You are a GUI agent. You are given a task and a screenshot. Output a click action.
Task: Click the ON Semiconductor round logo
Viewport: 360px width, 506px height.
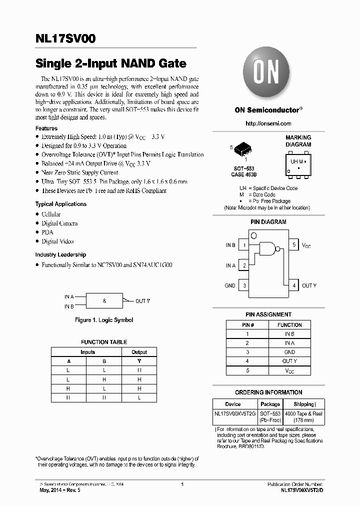click(265, 72)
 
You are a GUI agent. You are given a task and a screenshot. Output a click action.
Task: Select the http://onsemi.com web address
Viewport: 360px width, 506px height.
click(268, 123)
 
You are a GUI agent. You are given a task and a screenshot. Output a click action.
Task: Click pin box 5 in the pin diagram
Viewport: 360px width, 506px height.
click(294, 245)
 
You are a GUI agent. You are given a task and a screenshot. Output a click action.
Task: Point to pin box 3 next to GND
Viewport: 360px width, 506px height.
click(243, 285)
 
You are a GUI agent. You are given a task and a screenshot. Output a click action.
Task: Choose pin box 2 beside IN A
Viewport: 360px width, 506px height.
click(243, 265)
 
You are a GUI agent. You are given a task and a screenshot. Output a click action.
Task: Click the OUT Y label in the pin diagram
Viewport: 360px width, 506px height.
click(309, 285)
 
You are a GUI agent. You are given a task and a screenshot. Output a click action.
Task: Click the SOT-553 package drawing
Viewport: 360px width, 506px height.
click(243, 148)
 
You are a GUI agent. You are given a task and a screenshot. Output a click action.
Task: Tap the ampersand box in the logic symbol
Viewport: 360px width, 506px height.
click(104, 301)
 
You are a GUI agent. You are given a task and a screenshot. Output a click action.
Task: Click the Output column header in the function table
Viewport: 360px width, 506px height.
click(139, 352)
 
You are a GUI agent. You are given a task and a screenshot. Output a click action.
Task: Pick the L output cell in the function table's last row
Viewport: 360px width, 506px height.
click(139, 397)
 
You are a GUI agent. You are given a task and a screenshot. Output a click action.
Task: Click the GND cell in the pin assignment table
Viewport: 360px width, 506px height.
click(289, 352)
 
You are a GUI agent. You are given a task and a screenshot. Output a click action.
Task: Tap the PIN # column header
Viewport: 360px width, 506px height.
click(246, 324)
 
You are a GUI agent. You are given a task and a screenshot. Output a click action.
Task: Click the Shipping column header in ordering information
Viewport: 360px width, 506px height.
click(304, 404)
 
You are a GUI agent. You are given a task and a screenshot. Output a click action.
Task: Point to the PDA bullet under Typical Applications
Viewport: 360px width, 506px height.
click(48, 232)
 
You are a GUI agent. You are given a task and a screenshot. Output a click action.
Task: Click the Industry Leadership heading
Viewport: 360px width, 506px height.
click(60, 254)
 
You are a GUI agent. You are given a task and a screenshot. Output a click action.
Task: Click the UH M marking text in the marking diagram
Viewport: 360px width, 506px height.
click(297, 161)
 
